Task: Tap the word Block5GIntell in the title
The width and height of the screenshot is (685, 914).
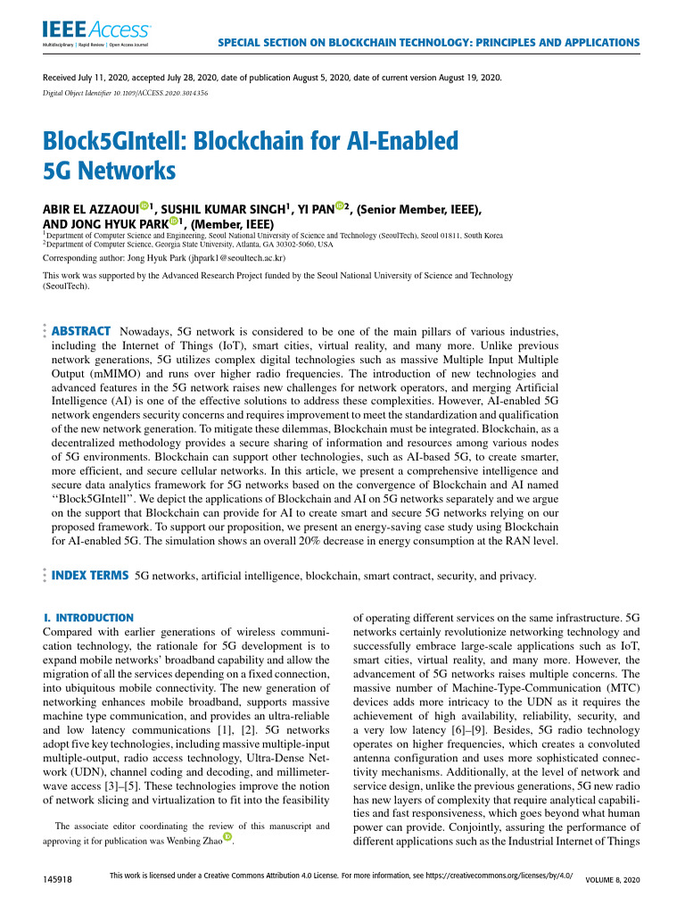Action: pyautogui.click(x=121, y=140)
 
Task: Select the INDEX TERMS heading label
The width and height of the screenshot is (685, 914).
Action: pyautogui.click(x=90, y=576)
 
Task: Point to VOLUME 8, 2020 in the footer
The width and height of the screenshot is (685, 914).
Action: pyautogui.click(x=612, y=880)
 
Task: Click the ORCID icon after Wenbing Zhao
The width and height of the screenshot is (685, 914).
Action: pyautogui.click(x=228, y=836)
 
